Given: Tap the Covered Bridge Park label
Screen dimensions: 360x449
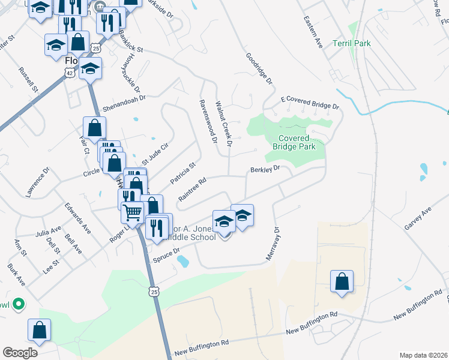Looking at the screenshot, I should point(294,142).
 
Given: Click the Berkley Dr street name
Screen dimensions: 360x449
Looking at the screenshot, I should point(265,170).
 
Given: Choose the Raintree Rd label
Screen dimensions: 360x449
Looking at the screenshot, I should point(192,188).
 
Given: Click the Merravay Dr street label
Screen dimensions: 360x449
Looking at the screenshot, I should point(273,243).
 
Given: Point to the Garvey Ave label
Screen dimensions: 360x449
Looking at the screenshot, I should point(418,219).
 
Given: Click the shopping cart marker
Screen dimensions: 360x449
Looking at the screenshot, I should point(132,211).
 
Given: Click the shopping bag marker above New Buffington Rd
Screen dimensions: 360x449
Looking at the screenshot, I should point(342,281).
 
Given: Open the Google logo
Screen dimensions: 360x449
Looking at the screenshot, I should point(20,353).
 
